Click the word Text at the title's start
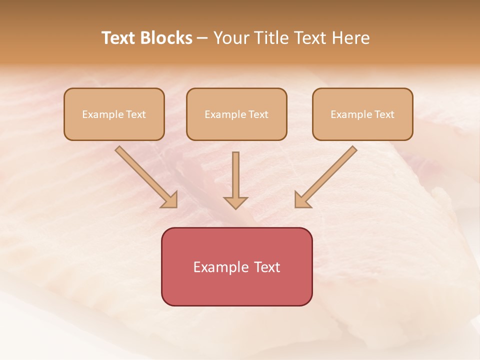click(x=118, y=38)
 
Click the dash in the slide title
click(x=202, y=38)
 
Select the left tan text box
click(x=114, y=114)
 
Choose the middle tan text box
click(x=236, y=114)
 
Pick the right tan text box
click(x=362, y=114)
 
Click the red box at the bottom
click(x=236, y=266)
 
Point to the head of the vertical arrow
click(x=235, y=202)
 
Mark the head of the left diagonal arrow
click(x=170, y=200)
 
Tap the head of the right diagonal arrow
click(x=302, y=200)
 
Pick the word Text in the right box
click(x=384, y=114)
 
